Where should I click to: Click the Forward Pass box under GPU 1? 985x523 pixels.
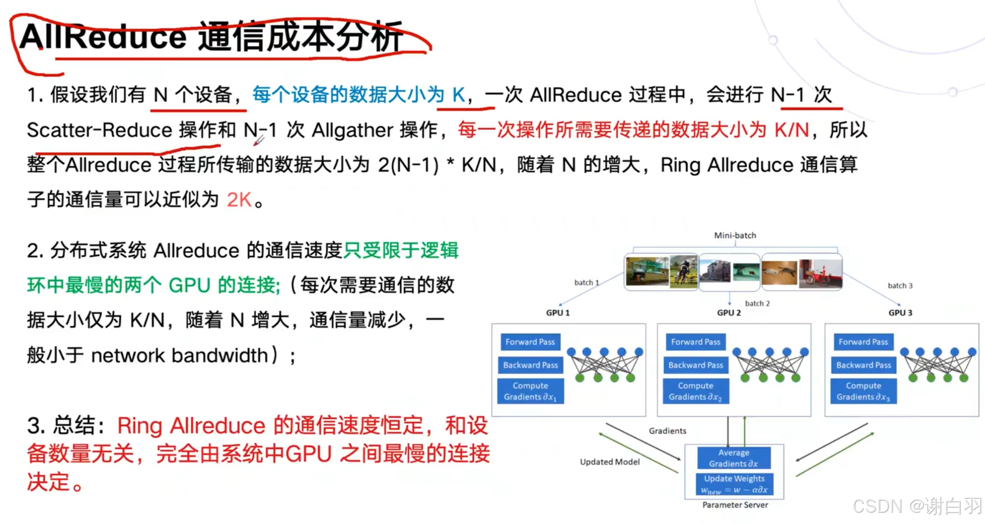click(530, 342)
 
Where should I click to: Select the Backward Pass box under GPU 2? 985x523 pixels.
click(696, 365)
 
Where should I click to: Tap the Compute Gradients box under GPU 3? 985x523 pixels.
click(863, 391)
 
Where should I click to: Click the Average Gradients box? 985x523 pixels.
click(733, 458)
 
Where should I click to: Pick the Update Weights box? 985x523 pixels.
click(734, 484)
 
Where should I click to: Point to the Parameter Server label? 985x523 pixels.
click(735, 505)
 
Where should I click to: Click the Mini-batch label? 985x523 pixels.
click(735, 235)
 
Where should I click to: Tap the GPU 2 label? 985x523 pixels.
click(729, 313)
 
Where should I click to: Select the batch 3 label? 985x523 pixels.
click(900, 285)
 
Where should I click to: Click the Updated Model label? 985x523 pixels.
click(610, 462)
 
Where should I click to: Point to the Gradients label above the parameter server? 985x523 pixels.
click(667, 431)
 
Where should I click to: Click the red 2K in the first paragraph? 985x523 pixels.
click(239, 200)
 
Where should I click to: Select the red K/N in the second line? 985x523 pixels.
click(792, 130)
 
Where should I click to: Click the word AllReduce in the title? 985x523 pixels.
click(103, 37)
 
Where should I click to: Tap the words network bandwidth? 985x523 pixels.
click(179, 356)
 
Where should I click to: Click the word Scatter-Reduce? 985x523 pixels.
click(99, 130)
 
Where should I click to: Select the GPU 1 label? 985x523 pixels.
click(558, 313)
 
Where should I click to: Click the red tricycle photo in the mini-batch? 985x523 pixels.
click(820, 273)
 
